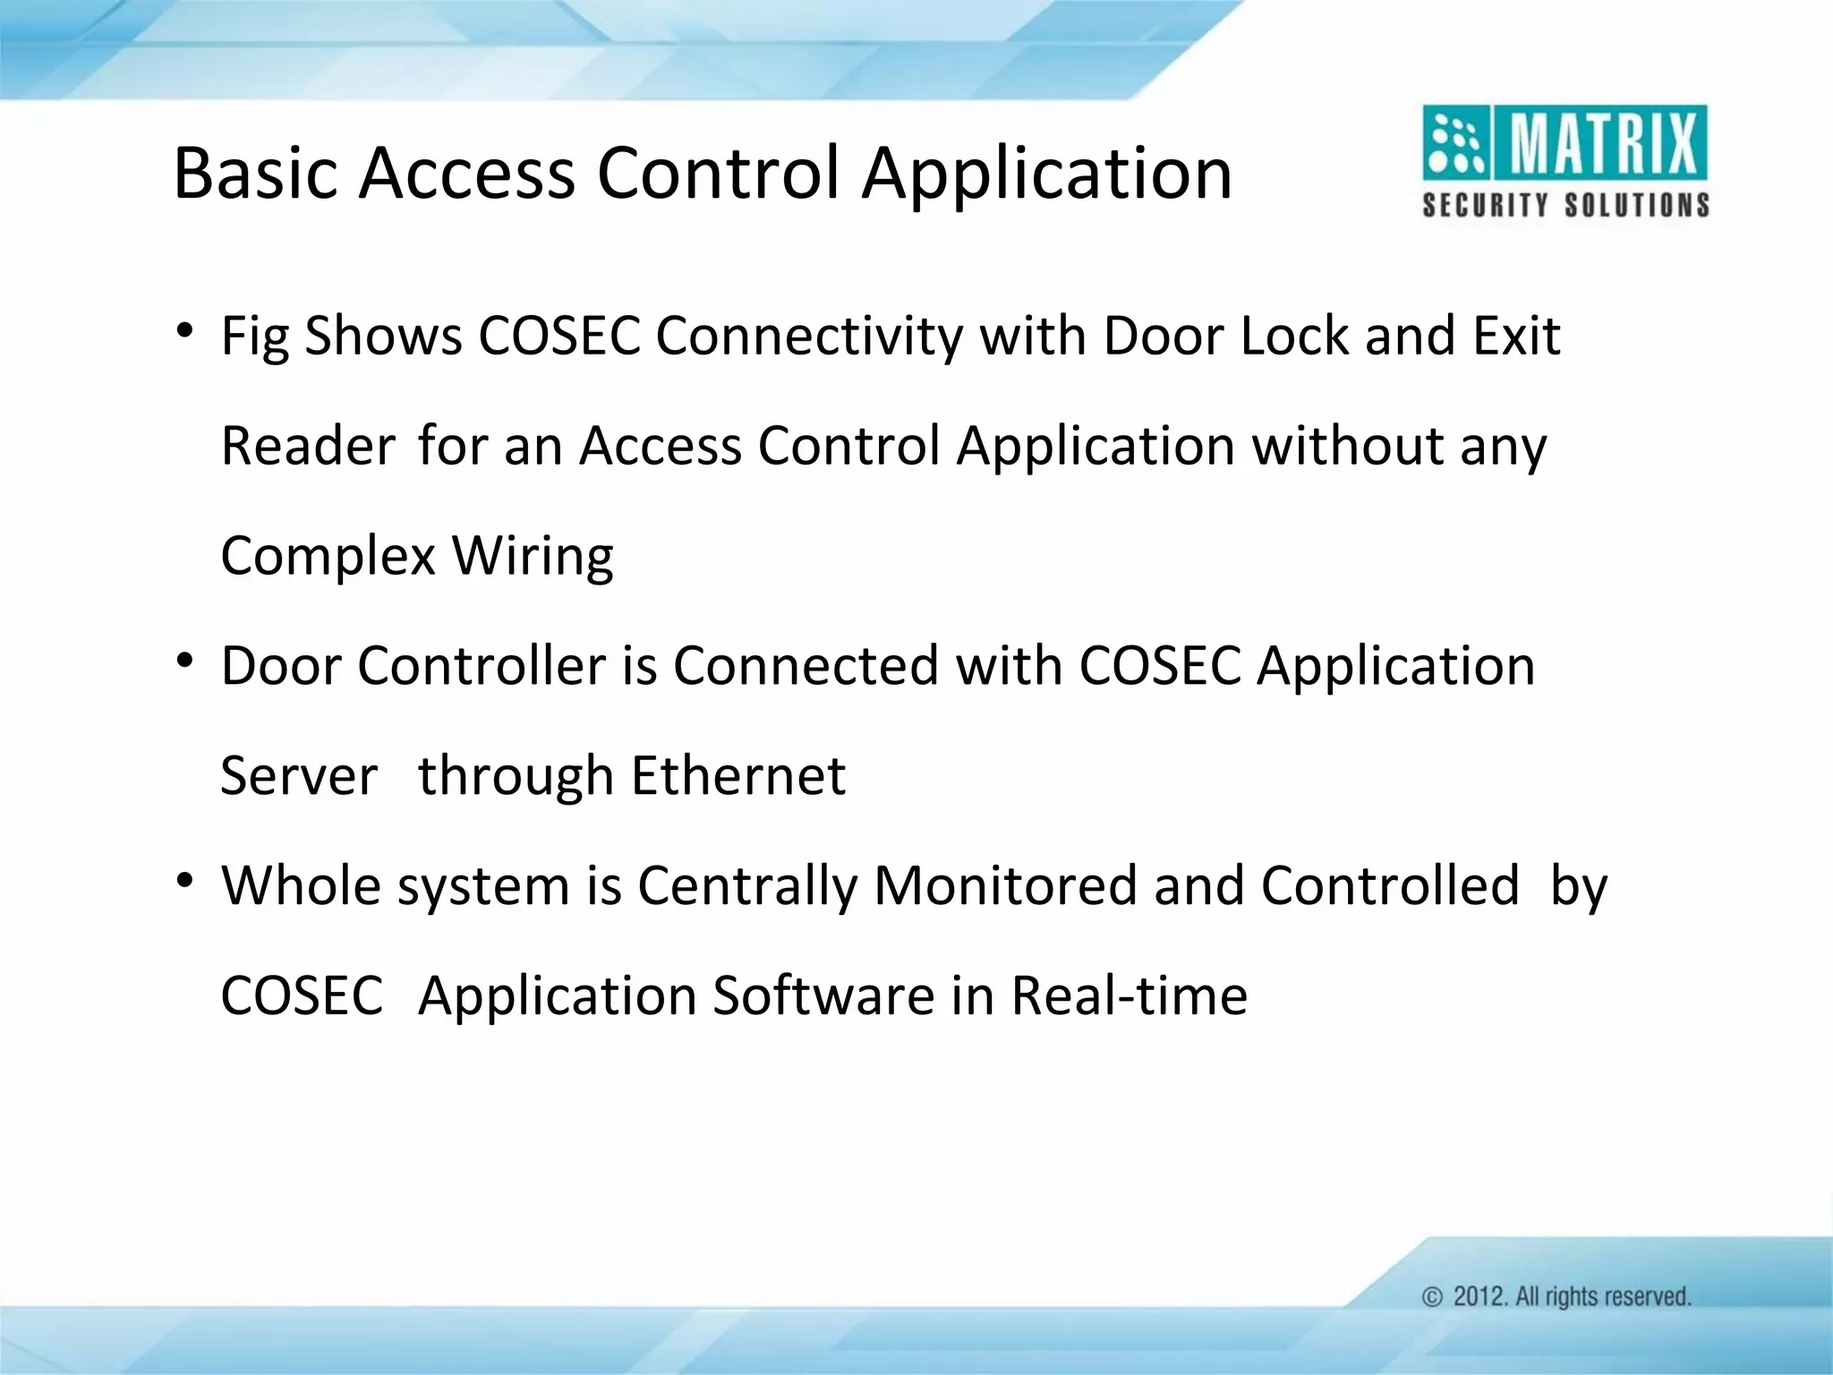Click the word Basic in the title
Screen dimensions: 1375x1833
(x=257, y=173)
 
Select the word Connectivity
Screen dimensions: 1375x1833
(x=809, y=337)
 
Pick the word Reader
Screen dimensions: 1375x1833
(x=308, y=446)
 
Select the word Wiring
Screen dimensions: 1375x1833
(x=533, y=556)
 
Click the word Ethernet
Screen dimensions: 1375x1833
(x=738, y=775)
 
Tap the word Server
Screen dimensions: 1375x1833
(x=299, y=775)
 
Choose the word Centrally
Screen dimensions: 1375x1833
(x=747, y=886)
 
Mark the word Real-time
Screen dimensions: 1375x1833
(x=1129, y=995)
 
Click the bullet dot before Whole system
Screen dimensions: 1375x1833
(x=184, y=882)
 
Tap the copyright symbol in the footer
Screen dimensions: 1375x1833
(x=1432, y=1297)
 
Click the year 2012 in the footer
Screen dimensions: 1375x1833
(x=1479, y=1297)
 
